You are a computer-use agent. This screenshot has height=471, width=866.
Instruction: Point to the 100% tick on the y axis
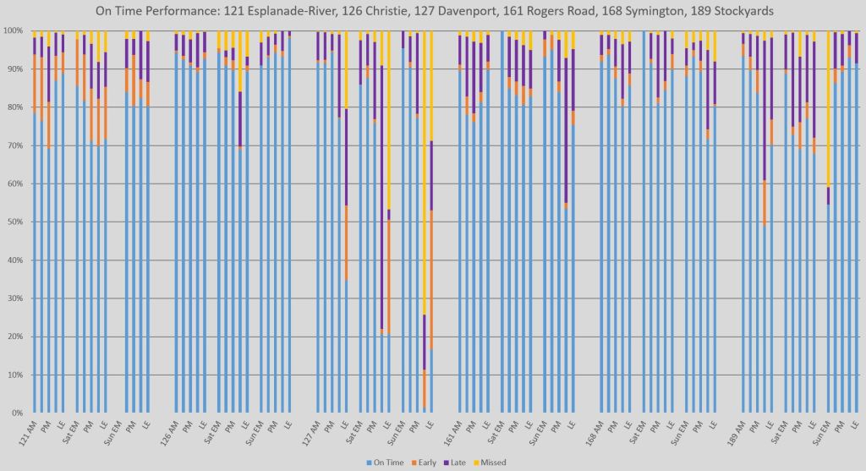(x=14, y=30)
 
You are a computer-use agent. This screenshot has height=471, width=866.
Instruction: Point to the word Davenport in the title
(x=425, y=12)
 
